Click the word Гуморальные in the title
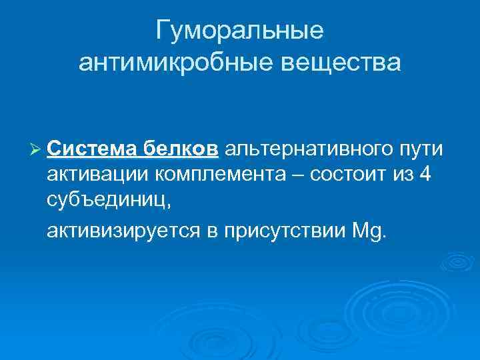pyautogui.click(x=239, y=31)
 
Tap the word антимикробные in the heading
pyautogui.click(x=171, y=63)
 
